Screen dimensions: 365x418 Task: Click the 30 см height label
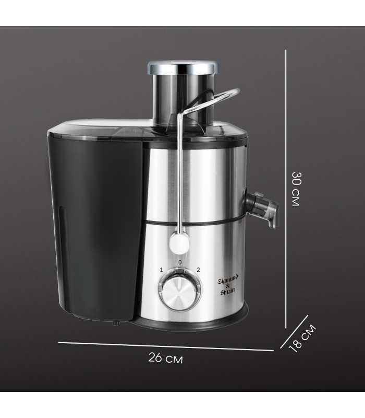click(x=296, y=189)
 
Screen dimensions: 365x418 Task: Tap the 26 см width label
click(x=165, y=358)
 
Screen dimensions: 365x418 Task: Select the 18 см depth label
click(x=303, y=338)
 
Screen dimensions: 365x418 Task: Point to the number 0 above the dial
click(x=180, y=262)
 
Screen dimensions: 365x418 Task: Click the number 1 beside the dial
click(x=161, y=270)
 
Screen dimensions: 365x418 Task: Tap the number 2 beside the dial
click(x=198, y=270)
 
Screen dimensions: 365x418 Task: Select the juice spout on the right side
click(x=262, y=208)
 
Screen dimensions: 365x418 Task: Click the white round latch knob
click(x=179, y=242)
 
